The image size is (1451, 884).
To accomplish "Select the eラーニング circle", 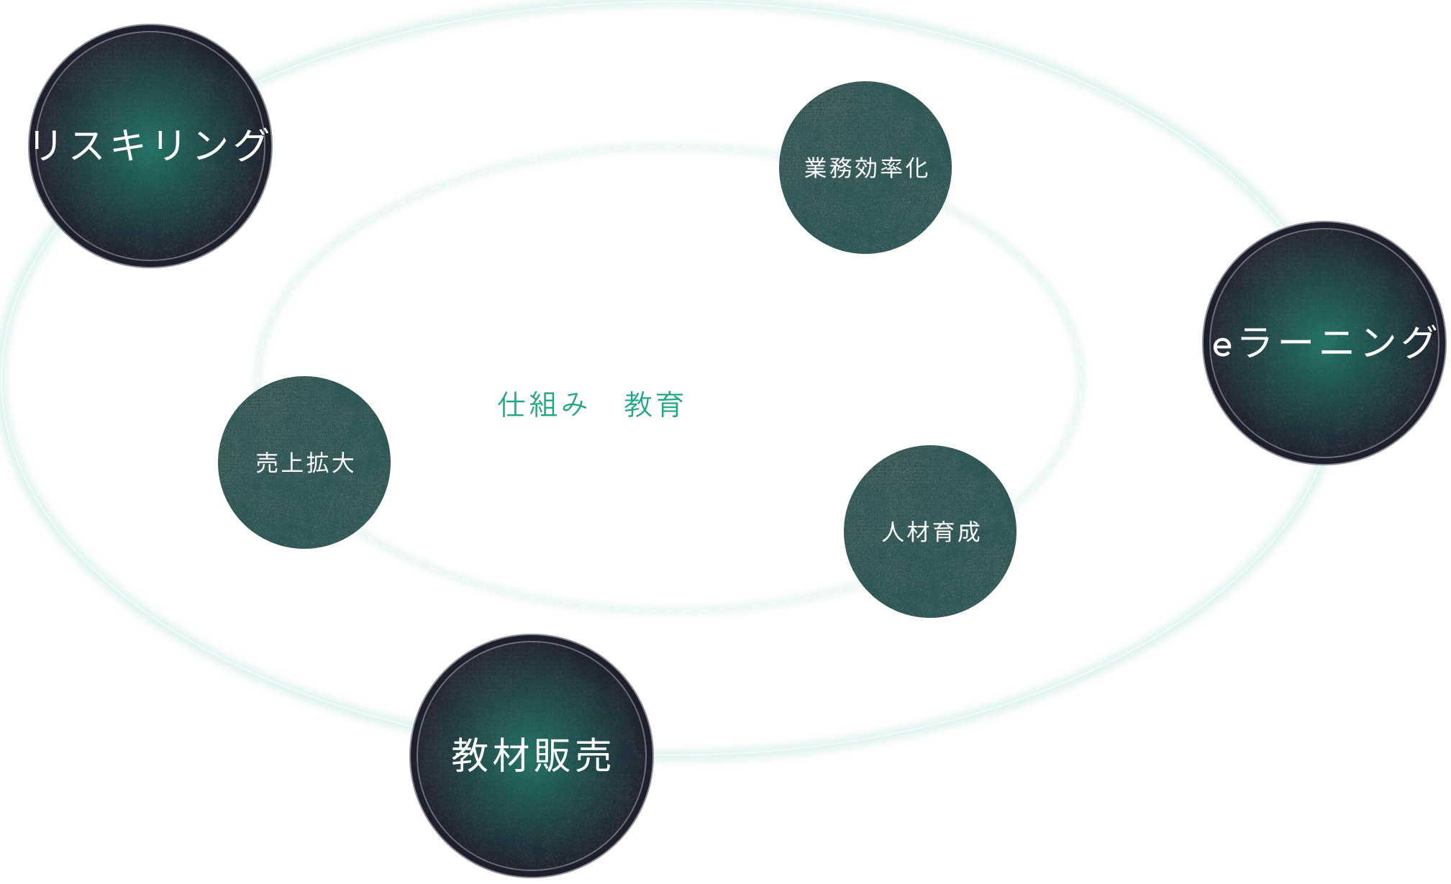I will pyautogui.click(x=1324, y=343).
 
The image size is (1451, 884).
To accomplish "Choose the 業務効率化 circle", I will pyautogui.click(x=865, y=168).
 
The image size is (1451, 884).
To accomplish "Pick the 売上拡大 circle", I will pyautogui.click(x=304, y=463).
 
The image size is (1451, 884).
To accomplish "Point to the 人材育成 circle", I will pyautogui.click(x=930, y=532).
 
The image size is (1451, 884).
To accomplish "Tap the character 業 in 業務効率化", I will pyautogui.click(x=816, y=168).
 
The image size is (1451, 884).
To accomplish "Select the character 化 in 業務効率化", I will pyautogui.click(x=917, y=168).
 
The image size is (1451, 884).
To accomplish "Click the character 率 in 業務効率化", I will pyautogui.click(x=892, y=168).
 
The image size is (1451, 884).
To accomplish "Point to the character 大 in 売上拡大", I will pyautogui.click(x=343, y=463).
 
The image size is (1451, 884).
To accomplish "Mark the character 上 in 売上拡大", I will pyautogui.click(x=292, y=463).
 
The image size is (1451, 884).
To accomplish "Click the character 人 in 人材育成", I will pyautogui.click(x=893, y=532).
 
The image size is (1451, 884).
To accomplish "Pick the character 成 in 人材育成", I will pyautogui.click(x=968, y=532).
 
